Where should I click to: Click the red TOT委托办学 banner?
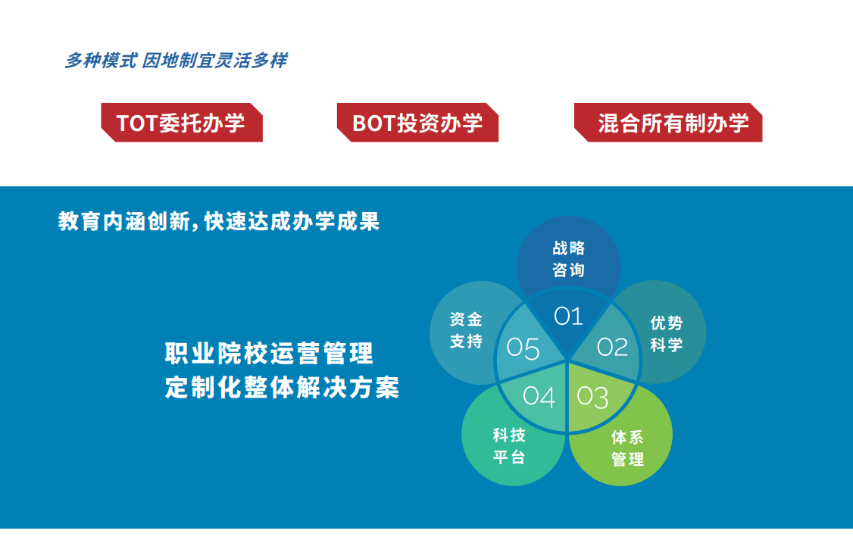182,123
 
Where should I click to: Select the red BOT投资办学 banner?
418,123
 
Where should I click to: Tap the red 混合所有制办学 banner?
668,123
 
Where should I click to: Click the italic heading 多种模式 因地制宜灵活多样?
176,61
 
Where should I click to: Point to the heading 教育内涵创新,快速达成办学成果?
219,222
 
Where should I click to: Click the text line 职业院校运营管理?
269,354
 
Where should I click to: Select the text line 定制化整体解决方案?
282,388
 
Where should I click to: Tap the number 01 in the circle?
568,316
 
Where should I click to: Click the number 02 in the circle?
613,347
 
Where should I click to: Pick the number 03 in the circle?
592,397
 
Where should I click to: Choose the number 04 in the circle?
539,396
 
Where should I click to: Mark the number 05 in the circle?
523,348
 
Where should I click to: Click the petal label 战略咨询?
568,259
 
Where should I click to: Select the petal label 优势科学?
667,333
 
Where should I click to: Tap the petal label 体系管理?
627,448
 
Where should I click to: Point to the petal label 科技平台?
509,446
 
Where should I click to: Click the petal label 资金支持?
466,330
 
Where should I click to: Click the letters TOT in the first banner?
137,123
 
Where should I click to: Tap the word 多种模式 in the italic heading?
101,61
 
